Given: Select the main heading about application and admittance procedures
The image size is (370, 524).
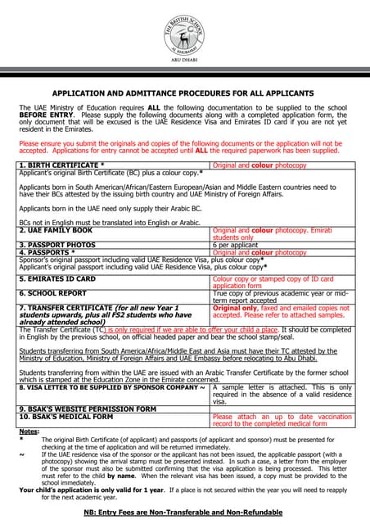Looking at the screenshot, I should tap(184, 93).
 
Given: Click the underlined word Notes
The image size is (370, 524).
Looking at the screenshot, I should tap(29, 431).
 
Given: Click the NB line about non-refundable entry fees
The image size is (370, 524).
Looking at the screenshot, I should tap(183, 512).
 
